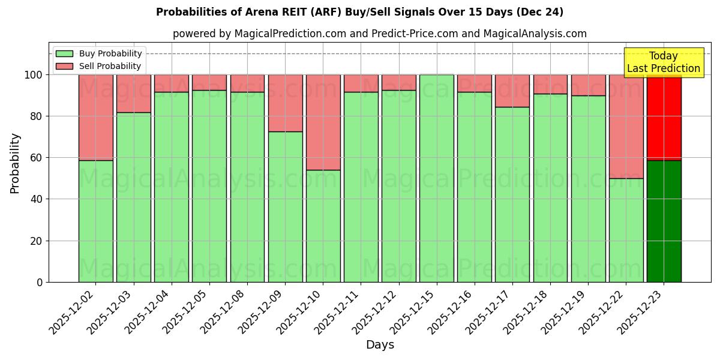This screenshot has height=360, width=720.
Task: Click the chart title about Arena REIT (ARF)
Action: (359, 12)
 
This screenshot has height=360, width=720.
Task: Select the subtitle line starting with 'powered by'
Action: (379, 34)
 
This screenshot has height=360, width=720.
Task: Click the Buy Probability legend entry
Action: (98, 54)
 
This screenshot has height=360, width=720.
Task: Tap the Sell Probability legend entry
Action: (98, 67)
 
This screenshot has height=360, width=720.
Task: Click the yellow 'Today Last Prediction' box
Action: (663, 62)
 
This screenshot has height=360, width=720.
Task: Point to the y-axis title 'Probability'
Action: (15, 163)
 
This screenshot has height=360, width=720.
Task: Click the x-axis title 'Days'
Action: (380, 345)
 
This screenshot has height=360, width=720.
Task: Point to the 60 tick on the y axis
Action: (37, 158)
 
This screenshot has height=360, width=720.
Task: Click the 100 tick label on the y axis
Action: (34, 75)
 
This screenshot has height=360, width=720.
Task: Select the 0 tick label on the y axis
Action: (40, 282)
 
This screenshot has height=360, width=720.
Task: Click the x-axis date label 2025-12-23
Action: (643, 311)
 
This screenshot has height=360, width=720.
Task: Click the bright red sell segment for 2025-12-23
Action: (664, 118)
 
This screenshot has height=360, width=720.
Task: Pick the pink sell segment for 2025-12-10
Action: (323, 122)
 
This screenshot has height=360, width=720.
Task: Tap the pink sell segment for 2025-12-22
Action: (626, 127)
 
